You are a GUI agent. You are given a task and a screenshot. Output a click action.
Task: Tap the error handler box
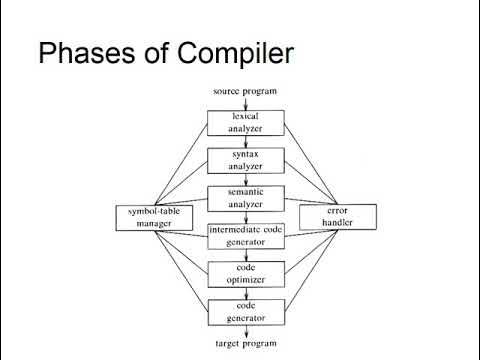click(x=338, y=216)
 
